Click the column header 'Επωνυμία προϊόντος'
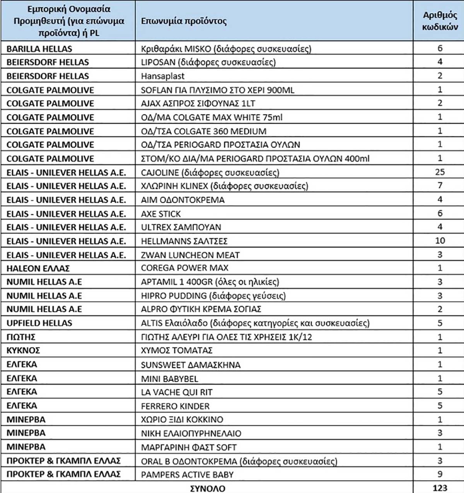(x=184, y=21)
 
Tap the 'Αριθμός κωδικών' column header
(x=440, y=21)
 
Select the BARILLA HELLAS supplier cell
(x=39, y=49)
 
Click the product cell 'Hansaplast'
(x=162, y=76)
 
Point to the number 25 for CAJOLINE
(x=440, y=172)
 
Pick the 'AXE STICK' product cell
(x=161, y=214)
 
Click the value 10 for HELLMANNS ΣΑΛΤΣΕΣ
(x=440, y=241)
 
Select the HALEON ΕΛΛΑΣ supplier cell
(x=38, y=268)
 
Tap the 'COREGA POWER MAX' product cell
(x=184, y=268)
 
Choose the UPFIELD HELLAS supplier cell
(x=39, y=323)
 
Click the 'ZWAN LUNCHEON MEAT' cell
(x=190, y=255)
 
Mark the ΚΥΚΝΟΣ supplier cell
(x=23, y=350)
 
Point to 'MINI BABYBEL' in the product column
(x=169, y=379)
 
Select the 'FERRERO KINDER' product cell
(x=175, y=406)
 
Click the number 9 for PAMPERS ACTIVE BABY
(x=440, y=474)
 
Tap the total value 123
(x=440, y=488)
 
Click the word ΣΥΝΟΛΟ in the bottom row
(x=208, y=488)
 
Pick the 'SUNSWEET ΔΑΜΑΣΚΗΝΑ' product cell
(x=191, y=365)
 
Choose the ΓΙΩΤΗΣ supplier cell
(x=21, y=337)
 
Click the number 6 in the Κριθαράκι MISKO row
(x=440, y=48)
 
